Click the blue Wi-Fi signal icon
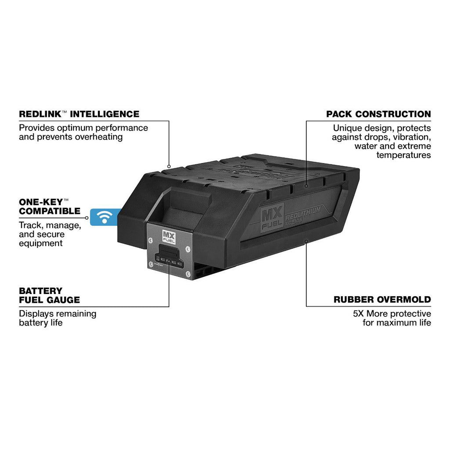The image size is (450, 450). point(105,217)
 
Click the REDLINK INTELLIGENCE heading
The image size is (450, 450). point(79,114)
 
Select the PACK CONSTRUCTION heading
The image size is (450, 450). point(378,114)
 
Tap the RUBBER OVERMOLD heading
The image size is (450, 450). point(382,300)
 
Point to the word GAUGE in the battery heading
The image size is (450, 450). point(64,300)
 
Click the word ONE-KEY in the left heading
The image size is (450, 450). point(41,202)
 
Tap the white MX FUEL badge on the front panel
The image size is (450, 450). point(169,237)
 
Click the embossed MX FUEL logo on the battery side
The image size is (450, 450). point(272,217)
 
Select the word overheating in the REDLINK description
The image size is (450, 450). point(99,137)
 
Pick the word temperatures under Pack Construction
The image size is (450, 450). point(404,155)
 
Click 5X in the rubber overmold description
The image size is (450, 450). point(359,313)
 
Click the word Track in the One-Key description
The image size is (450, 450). point(31,225)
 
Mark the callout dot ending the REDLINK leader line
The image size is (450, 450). point(169,167)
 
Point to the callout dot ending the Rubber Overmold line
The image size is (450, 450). point(306,241)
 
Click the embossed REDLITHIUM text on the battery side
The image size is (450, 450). point(303,213)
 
